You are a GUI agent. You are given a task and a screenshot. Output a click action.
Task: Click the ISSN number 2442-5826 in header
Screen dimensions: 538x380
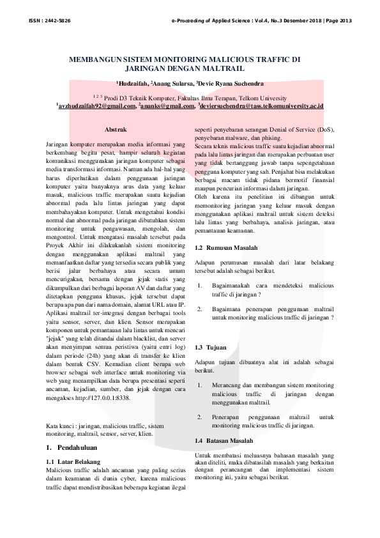click(x=57, y=21)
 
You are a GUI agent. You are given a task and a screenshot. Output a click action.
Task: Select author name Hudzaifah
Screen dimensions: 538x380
click(x=133, y=82)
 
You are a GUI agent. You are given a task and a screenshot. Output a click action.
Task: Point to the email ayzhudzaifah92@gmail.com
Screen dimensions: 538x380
click(x=96, y=105)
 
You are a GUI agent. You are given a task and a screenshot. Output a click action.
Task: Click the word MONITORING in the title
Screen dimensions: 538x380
click(x=182, y=59)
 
